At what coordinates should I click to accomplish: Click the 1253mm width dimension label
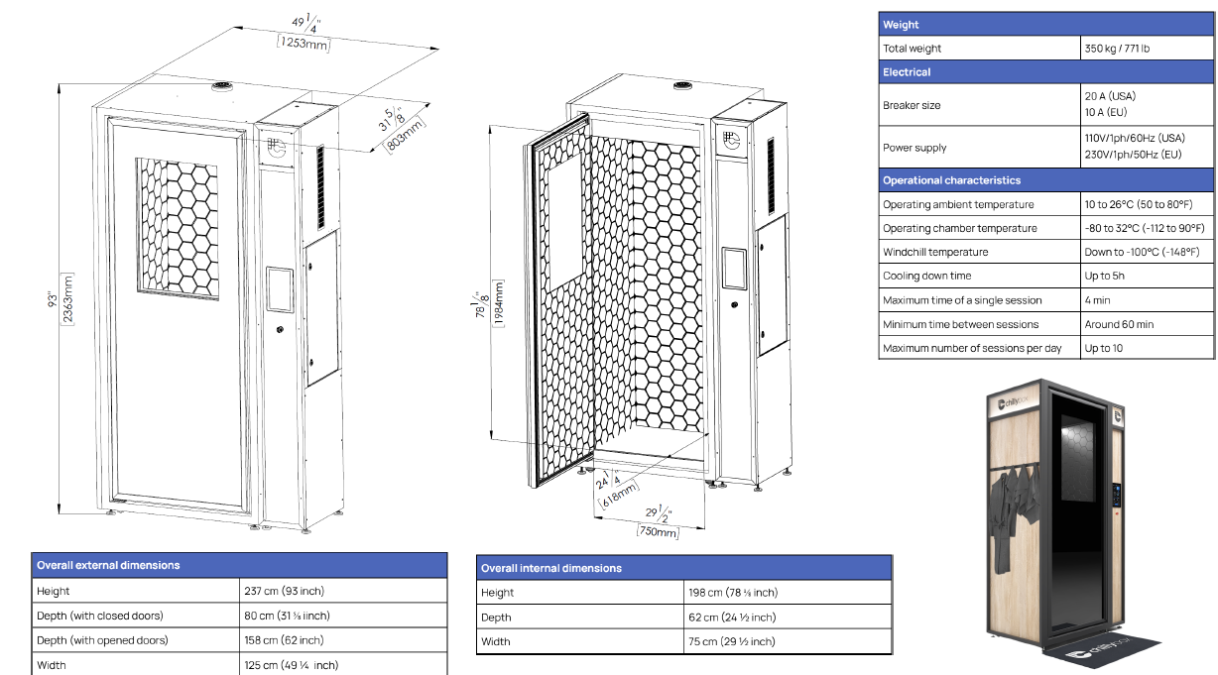pyautogui.click(x=304, y=45)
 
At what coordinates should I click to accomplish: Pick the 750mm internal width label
pyautogui.click(x=657, y=532)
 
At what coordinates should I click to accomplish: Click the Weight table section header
pyautogui.click(x=901, y=25)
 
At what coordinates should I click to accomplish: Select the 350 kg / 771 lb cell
pyautogui.click(x=1117, y=49)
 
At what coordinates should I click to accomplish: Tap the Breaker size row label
pyautogui.click(x=912, y=105)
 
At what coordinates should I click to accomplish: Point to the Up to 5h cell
pyautogui.click(x=1105, y=276)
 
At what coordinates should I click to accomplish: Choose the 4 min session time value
pyautogui.click(x=1098, y=300)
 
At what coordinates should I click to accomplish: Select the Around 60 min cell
pyautogui.click(x=1118, y=324)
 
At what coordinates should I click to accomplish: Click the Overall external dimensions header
pyautogui.click(x=108, y=565)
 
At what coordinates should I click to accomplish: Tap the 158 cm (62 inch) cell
pyautogui.click(x=284, y=640)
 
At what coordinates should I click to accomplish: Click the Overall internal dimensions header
pyautogui.click(x=551, y=568)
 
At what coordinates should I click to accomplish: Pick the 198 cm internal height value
pyautogui.click(x=733, y=593)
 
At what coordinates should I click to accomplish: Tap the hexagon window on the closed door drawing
pyautogui.click(x=177, y=226)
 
